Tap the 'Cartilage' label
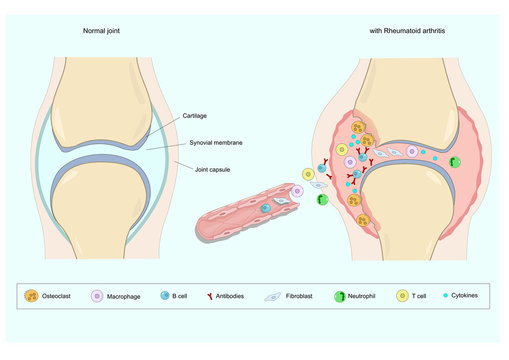coord(195,116)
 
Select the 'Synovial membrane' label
coord(217,144)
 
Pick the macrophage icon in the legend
coord(99,297)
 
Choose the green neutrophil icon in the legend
coord(343,297)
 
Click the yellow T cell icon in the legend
coord(403,297)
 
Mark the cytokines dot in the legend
coord(447,297)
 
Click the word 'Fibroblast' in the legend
coord(307,297)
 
